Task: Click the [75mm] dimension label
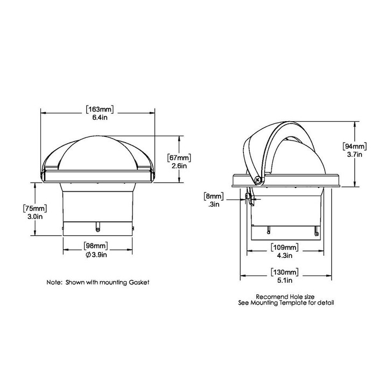coord(35,208)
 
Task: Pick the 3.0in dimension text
coord(35,216)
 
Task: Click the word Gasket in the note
coord(137,282)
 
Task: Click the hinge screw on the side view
coord(259,180)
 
